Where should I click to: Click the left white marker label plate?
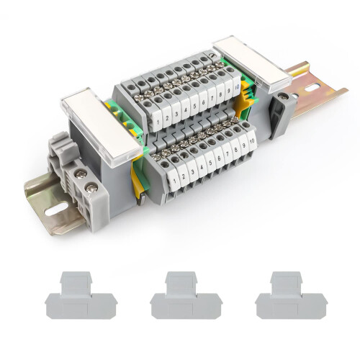coord(102,126)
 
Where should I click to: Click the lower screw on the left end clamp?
coord(91,188)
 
